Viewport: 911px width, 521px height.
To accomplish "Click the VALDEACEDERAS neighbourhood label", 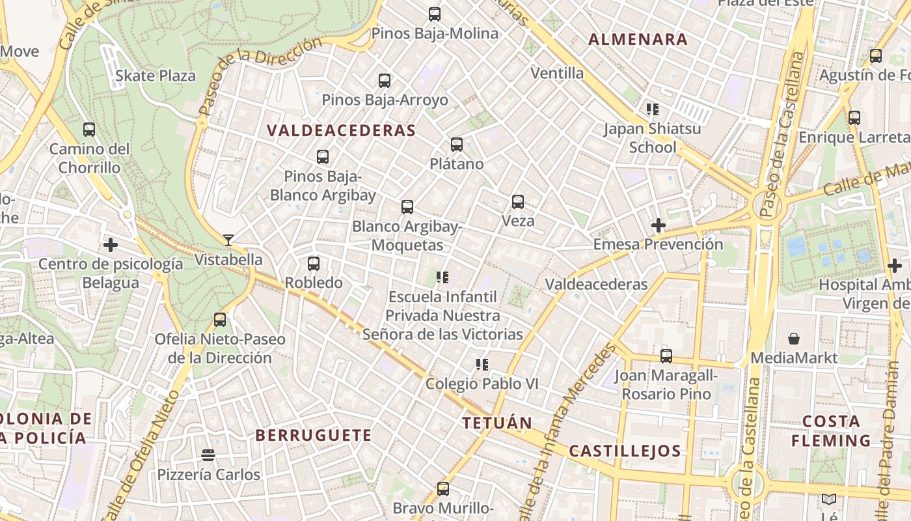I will pos(341,130).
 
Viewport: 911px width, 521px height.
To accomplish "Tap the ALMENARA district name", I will pos(638,39).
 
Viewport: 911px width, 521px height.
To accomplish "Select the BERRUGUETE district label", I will pos(313,435).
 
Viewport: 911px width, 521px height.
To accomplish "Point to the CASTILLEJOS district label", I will pos(625,451).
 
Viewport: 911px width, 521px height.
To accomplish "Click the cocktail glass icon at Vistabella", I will pos(228,240).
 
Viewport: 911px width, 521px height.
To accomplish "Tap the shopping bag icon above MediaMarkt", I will pos(794,338).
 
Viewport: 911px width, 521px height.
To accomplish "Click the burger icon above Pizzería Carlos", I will pos(208,455).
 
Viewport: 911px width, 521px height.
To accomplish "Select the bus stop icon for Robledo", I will pos(314,264).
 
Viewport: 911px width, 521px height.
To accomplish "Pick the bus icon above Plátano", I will pos(457,145).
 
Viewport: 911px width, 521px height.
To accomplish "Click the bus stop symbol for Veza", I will pos(518,202).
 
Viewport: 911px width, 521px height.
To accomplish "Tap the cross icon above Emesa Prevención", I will pos(659,225).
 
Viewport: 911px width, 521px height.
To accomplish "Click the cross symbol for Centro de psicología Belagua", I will pos(111,245).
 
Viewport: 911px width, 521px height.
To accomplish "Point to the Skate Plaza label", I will pos(156,76).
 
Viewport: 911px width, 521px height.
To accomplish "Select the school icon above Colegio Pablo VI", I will pos(482,365).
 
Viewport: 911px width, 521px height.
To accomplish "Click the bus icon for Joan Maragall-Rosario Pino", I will pos(666,356).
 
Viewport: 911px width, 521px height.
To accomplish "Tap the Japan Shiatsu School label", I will pos(652,137).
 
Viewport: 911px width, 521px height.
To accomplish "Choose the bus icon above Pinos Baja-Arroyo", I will pos(385,81).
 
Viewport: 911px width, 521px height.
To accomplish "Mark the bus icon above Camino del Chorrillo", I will pos(89,130).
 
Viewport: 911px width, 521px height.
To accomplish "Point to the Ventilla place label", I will pos(557,73).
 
